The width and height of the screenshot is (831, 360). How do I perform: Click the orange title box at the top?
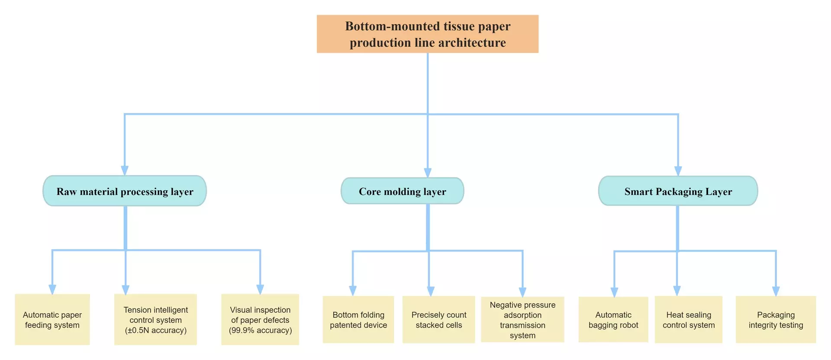pos(428,34)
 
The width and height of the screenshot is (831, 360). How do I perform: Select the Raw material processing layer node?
pos(125,191)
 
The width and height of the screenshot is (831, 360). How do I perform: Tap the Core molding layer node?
pos(403,191)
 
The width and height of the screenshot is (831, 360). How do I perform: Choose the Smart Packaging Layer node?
pos(678,191)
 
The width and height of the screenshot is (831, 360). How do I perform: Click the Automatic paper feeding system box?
pos(52,320)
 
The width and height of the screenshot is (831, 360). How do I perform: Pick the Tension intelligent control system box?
pos(155,320)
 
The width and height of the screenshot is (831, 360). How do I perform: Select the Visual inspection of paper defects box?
pos(260,320)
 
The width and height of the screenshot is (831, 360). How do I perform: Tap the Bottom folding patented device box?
pos(358,320)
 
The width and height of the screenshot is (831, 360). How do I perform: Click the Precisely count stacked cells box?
pos(438,320)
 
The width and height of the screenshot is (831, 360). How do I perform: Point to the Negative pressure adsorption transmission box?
pos(522,320)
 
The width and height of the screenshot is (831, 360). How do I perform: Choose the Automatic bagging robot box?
pos(613,320)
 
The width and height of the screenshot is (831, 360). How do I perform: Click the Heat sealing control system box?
pos(689,320)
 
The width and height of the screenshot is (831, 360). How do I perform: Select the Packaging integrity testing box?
pos(776,320)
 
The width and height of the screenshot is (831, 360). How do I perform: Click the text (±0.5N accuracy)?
pos(156,330)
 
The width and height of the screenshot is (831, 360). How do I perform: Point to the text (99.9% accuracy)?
pos(261,330)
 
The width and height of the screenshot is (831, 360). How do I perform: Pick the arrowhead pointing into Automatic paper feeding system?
pos(52,289)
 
